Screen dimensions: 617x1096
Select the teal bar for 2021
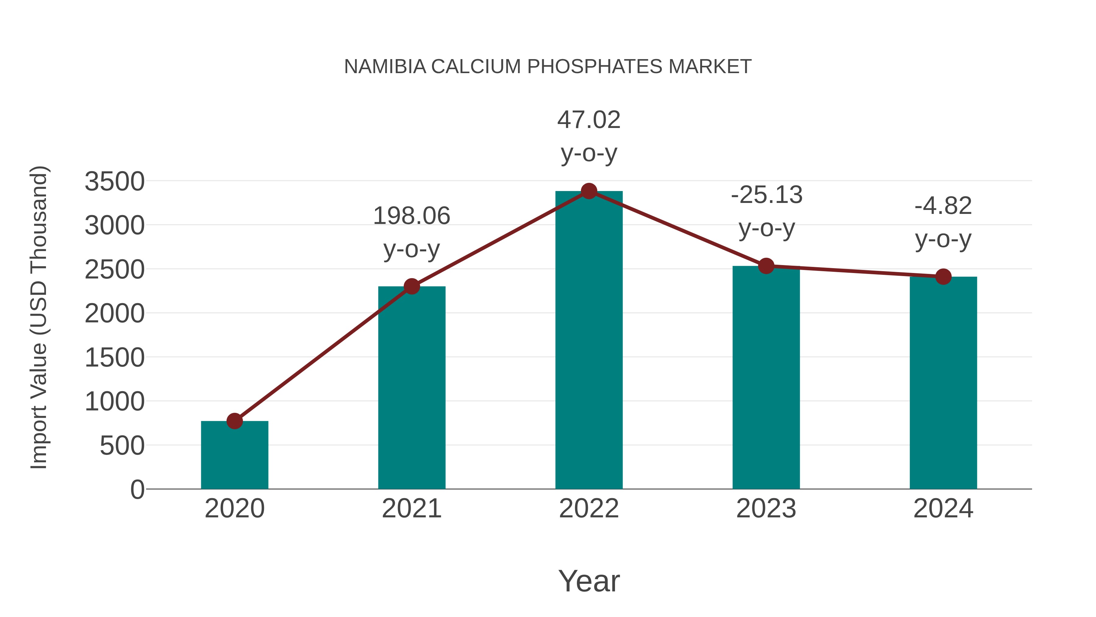click(411, 388)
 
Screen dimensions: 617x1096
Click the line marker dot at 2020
click(234, 421)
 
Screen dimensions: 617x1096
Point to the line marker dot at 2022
click(589, 191)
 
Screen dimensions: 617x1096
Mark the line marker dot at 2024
click(943, 277)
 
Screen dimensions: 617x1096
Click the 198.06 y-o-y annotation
click(411, 232)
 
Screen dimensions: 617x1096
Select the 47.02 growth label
click(589, 136)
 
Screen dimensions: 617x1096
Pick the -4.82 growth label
click(943, 222)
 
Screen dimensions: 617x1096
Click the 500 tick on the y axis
click(122, 446)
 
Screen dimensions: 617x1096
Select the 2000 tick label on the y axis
click(114, 314)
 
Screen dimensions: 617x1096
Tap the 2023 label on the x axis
click(766, 509)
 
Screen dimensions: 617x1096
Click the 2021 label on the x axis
click(411, 509)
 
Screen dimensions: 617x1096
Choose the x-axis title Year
click(589, 581)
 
